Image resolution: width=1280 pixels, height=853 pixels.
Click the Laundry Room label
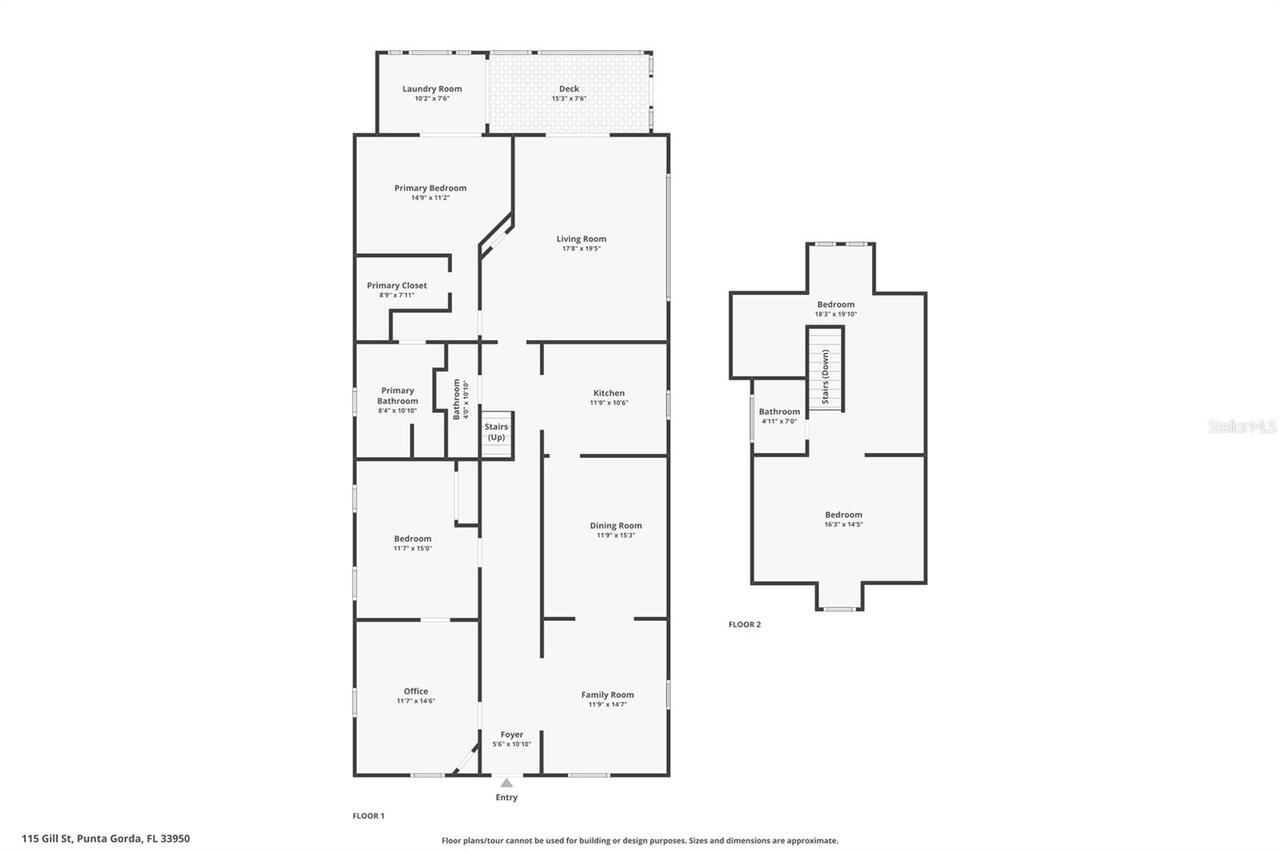point(432,89)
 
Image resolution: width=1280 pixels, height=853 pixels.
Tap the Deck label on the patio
point(569,89)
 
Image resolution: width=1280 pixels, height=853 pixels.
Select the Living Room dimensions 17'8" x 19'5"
point(581,249)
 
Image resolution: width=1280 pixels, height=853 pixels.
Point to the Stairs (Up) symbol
point(496,433)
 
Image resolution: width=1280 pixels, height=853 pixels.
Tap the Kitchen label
point(609,393)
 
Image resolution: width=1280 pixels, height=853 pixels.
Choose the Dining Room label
point(616,525)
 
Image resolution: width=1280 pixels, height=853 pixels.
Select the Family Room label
point(608,695)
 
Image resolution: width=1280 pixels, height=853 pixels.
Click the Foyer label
point(512,735)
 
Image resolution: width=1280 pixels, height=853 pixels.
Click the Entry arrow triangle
point(507,783)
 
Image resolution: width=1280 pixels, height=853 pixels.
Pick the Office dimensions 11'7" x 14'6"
point(416,701)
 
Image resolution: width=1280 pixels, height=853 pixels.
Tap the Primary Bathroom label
point(397,396)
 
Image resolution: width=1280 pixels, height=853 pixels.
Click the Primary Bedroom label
point(430,188)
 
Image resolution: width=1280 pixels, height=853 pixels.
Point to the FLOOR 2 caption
point(744,625)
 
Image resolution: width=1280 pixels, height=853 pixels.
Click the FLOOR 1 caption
point(368,816)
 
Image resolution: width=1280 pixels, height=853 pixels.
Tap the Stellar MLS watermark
point(1242,426)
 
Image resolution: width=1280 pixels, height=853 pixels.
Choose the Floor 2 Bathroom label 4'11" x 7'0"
point(779,412)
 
